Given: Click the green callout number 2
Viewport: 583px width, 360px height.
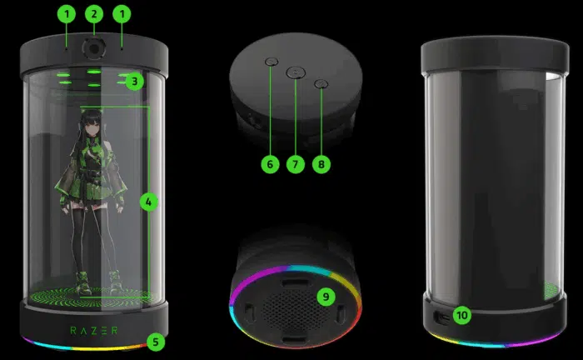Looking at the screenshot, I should click(x=94, y=13).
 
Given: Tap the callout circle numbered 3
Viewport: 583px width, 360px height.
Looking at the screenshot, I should click(x=136, y=82).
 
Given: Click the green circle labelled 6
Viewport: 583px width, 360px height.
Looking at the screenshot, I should click(x=268, y=164).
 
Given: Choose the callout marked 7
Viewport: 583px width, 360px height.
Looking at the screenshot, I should click(x=294, y=164).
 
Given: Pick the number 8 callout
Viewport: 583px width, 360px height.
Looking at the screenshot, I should click(x=322, y=164).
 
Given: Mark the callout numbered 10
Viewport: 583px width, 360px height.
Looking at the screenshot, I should click(x=462, y=315).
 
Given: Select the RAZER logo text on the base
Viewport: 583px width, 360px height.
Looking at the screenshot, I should click(x=94, y=329).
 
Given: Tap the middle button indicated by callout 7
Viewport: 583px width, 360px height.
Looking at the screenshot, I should click(x=296, y=73).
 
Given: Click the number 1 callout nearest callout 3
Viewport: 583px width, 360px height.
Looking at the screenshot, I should click(x=123, y=13).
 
